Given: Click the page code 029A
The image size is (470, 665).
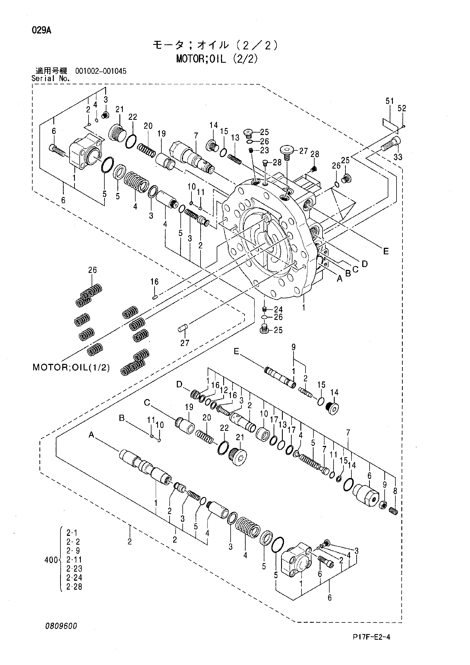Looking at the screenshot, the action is pos(42,30).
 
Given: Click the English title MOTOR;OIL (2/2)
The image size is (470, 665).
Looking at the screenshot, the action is pos(217,59).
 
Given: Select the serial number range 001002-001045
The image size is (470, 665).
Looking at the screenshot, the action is pos(101,71).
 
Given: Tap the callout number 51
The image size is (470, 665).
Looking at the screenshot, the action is pos(389,101).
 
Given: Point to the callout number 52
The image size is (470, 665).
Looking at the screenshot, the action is pos(402,108).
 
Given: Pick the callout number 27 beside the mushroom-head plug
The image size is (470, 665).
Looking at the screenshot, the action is pos(304,151).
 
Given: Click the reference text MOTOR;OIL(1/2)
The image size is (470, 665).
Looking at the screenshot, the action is pos(71,368).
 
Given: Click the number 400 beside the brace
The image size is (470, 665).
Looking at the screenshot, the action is pos(51,560).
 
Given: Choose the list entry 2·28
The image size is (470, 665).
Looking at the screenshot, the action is pos(74,587).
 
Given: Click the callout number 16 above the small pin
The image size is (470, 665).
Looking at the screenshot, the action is pos(155,282).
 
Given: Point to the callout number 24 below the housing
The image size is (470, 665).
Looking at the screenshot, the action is pos(278,310).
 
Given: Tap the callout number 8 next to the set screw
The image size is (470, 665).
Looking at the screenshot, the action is pos(395,491).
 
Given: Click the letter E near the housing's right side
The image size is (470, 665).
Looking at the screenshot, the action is pos(386,251).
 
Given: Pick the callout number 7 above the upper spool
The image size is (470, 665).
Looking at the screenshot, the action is pos(196,135).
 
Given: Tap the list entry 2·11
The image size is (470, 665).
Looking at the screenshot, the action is pos(74,560).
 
